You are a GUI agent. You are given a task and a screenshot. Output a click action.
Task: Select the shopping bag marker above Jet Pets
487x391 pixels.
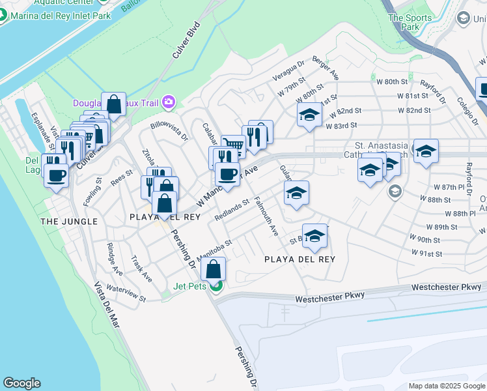coord(213,269)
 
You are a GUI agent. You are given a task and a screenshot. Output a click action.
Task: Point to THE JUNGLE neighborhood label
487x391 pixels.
coord(69,222)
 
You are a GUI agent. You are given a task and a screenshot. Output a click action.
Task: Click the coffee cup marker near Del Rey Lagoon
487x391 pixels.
coord(57,175)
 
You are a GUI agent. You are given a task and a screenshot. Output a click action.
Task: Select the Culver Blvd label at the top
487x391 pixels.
coord(185,44)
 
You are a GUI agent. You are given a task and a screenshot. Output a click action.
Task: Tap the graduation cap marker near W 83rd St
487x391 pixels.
coord(309,116)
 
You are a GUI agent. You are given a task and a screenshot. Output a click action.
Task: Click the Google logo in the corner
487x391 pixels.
coord(21,383)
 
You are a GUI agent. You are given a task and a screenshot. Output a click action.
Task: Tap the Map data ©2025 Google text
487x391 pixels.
coord(447,386)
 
